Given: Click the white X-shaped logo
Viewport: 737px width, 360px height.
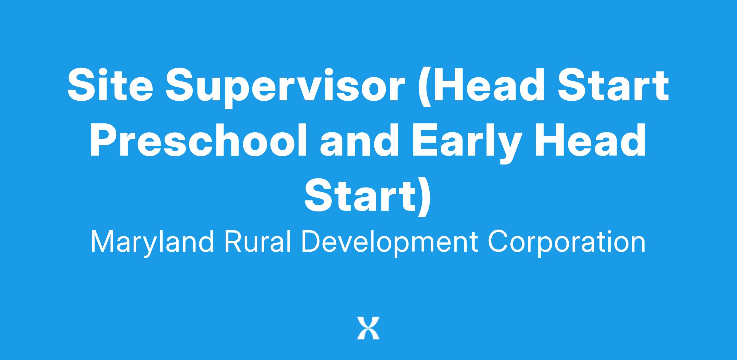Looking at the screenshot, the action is coord(368,328).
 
